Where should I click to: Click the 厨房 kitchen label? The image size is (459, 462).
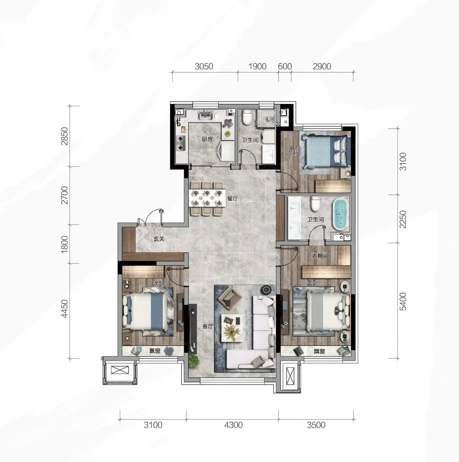207,139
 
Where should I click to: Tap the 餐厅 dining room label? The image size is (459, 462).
232,198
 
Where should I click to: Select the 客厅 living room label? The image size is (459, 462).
208,326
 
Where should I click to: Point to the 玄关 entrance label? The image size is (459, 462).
159,239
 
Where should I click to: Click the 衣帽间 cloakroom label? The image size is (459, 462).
320,256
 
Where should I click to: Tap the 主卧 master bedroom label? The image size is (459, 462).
313,283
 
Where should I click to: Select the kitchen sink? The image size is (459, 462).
205,115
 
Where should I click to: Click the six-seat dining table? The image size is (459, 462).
207,198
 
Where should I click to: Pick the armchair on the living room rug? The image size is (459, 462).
229,296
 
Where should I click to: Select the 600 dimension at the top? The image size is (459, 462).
285,66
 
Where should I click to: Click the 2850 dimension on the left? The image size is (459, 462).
65,136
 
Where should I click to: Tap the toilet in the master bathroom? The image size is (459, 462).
315,204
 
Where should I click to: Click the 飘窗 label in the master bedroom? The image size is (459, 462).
319,351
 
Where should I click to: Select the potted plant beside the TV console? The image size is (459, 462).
194,361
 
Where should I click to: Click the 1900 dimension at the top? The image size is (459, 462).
257,66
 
